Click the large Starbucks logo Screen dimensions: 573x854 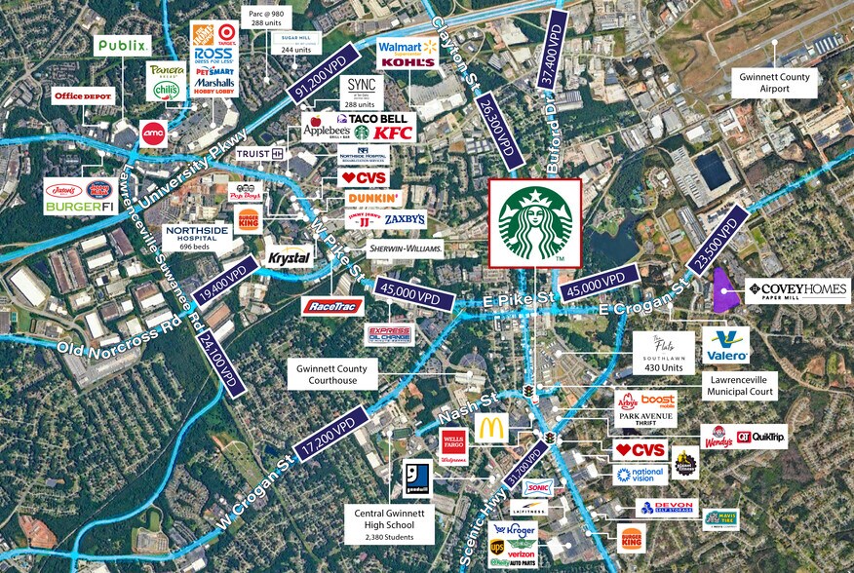pos(534,223)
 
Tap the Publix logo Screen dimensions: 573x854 pos(123,45)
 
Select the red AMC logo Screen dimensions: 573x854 pos(153,134)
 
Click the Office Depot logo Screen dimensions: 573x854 pos(84,95)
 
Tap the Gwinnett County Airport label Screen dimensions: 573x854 pos(776,82)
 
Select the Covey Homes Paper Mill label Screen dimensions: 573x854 pos(796,290)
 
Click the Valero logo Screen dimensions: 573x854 pos(726,345)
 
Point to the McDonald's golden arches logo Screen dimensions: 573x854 pos(491,428)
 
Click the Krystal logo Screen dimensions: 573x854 pos(290,258)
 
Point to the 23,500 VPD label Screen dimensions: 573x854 pos(718,237)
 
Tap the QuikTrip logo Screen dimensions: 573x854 pos(761,437)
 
